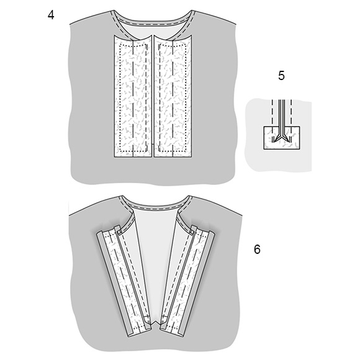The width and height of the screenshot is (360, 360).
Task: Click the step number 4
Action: (51, 15)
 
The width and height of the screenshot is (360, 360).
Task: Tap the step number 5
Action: (281, 76)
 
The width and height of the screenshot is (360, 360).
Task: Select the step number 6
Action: (257, 250)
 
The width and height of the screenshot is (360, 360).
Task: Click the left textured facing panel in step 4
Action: (133, 96)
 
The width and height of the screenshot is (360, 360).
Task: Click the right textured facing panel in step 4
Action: (173, 96)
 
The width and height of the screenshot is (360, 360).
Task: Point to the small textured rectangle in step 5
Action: (281, 138)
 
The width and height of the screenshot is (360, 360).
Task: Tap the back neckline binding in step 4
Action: (153, 21)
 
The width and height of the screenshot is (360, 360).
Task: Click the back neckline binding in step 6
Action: (155, 204)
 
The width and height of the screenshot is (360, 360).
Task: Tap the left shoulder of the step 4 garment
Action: (91, 19)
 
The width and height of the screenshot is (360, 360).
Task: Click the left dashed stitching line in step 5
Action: (272, 120)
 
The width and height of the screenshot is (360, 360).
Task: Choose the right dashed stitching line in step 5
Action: (291, 120)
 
